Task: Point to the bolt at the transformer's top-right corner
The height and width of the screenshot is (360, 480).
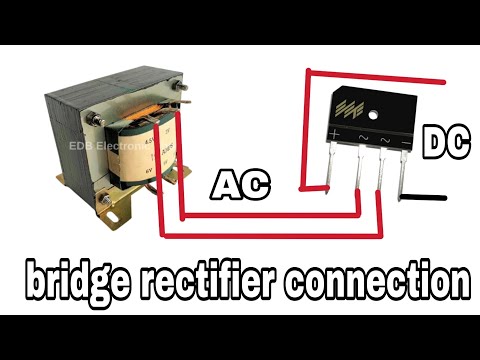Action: click(x=183, y=94)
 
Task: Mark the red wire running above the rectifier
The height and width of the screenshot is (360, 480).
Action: click(x=375, y=76)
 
